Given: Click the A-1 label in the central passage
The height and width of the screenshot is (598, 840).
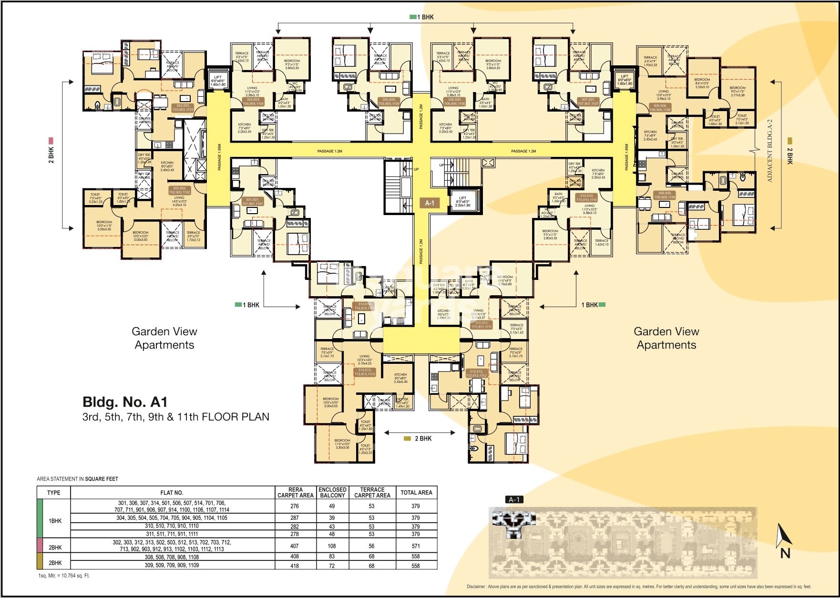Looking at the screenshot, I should tap(430, 203).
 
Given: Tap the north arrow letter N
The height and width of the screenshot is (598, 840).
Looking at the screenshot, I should tap(785, 553).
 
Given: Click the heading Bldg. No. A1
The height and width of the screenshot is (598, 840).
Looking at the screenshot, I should tap(125, 402).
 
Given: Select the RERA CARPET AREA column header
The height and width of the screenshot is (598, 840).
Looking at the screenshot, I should tap(296, 493).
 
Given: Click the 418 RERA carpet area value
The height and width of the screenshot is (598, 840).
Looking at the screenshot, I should tap(295, 566).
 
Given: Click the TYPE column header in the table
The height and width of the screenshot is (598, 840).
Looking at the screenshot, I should tap(54, 493).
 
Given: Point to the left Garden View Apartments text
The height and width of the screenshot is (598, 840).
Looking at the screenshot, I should tap(164, 338).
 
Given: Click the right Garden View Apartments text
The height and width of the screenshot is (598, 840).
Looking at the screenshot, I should tap(666, 338).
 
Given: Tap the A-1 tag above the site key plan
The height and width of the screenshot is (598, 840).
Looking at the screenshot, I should tap(514, 500).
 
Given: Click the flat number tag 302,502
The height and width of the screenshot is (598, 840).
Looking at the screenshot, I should tap(179, 190).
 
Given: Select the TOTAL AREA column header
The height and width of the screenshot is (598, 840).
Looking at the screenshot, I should tap(416, 493).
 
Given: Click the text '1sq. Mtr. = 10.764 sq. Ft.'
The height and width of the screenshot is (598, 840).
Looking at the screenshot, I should tap(64, 576).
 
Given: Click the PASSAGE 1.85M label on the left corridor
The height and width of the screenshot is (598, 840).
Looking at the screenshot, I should tap(219, 157).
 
